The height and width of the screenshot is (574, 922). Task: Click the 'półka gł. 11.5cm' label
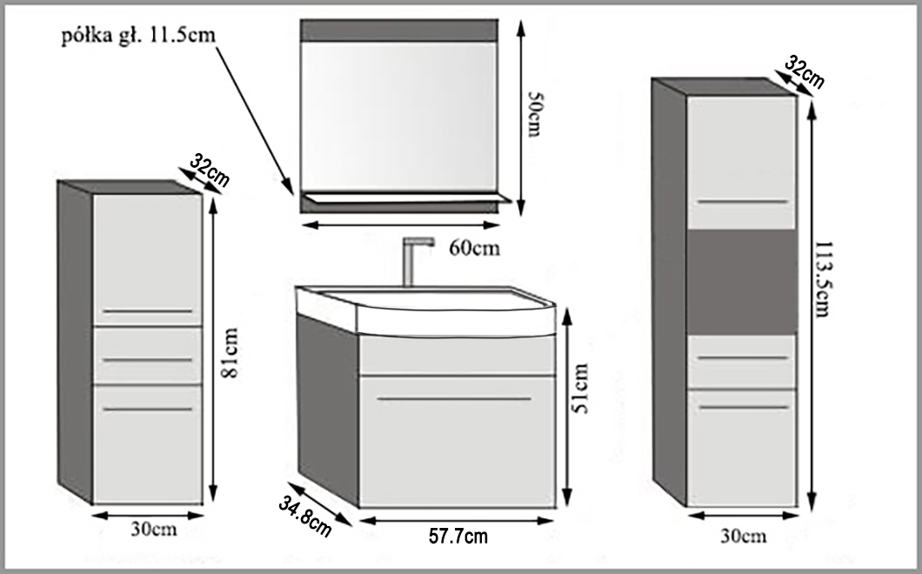click(x=137, y=36)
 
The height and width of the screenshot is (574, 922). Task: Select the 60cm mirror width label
click(x=475, y=248)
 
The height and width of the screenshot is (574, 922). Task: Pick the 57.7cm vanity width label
click(x=458, y=536)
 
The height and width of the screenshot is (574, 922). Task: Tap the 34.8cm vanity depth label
click(x=305, y=515)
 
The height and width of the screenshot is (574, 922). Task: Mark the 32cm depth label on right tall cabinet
click(x=804, y=72)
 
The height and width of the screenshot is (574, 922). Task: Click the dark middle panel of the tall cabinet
click(x=742, y=282)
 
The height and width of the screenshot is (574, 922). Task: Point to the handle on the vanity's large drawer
click(x=454, y=399)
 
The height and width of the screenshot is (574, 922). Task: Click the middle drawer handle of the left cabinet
click(x=147, y=359)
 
